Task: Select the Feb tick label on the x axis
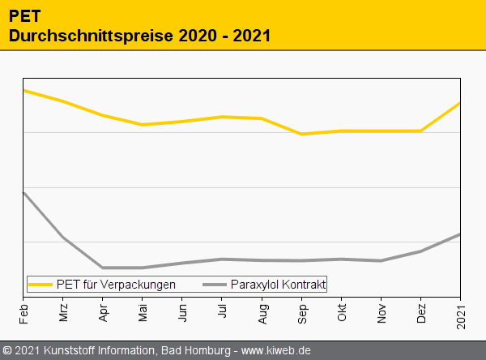(23, 312)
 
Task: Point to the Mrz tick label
(63, 312)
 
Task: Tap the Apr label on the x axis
(103, 312)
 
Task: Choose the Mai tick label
(143, 312)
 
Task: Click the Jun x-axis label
(182, 312)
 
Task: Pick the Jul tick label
(222, 311)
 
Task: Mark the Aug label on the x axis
(262, 312)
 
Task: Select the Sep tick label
(301, 312)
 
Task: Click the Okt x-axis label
(341, 312)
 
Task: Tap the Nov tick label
(381, 312)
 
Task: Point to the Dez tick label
(420, 312)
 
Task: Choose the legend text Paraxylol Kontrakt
(278, 285)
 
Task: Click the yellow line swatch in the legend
(40, 285)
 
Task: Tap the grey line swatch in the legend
(215, 285)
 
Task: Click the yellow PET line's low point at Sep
(301, 134)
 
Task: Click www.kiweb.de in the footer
(276, 351)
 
